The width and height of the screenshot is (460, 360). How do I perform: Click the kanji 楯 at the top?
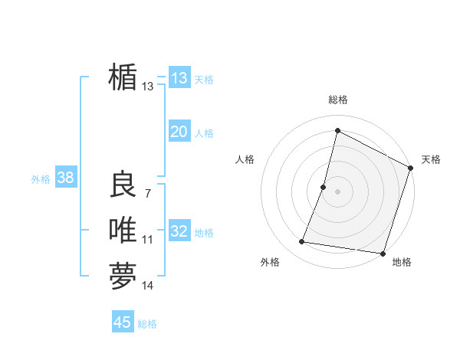click(123, 77)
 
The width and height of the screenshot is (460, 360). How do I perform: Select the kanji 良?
click(123, 185)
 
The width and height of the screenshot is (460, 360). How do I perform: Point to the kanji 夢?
click(123, 276)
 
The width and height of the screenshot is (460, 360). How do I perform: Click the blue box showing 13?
click(179, 77)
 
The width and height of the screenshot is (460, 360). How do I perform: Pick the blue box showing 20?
click(179, 132)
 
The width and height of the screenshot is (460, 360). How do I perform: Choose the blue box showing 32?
click(179, 231)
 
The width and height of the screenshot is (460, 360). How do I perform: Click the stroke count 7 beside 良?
click(147, 193)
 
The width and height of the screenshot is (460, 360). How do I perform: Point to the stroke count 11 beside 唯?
click(147, 240)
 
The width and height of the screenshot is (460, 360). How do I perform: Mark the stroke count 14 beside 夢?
click(147, 286)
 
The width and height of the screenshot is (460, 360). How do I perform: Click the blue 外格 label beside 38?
click(41, 179)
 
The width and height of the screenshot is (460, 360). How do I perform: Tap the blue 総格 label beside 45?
click(147, 324)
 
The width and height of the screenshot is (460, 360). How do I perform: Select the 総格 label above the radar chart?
click(338, 100)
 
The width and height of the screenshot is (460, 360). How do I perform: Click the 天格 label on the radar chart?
click(431, 159)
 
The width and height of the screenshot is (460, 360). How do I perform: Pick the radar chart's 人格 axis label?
click(245, 159)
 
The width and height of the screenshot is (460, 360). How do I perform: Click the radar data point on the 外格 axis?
click(302, 242)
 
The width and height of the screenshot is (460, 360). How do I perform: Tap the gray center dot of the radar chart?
click(337, 191)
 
